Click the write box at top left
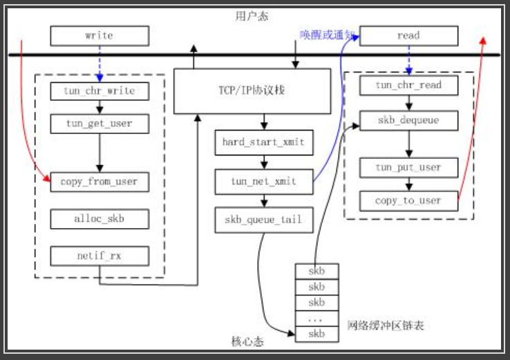pyautogui.click(x=100, y=35)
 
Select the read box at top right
pyautogui.click(x=408, y=35)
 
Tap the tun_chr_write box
pyautogui.click(x=100, y=91)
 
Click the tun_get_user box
pyautogui.click(x=100, y=124)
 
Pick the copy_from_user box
pyautogui.click(x=100, y=182)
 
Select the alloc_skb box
pyautogui.click(x=100, y=219)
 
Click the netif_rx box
pyautogui.click(x=100, y=256)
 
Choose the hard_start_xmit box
pyautogui.click(x=263, y=142)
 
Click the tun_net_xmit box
pyautogui.click(x=263, y=181)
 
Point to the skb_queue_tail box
pyautogui.click(x=263, y=220)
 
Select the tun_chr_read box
pyautogui.click(x=408, y=85)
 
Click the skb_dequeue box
pyautogui.click(x=408, y=120)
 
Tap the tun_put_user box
pyautogui.click(x=408, y=167)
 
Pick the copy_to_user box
pyautogui.click(x=408, y=200)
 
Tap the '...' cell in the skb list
pyautogui.click(x=317, y=319)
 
